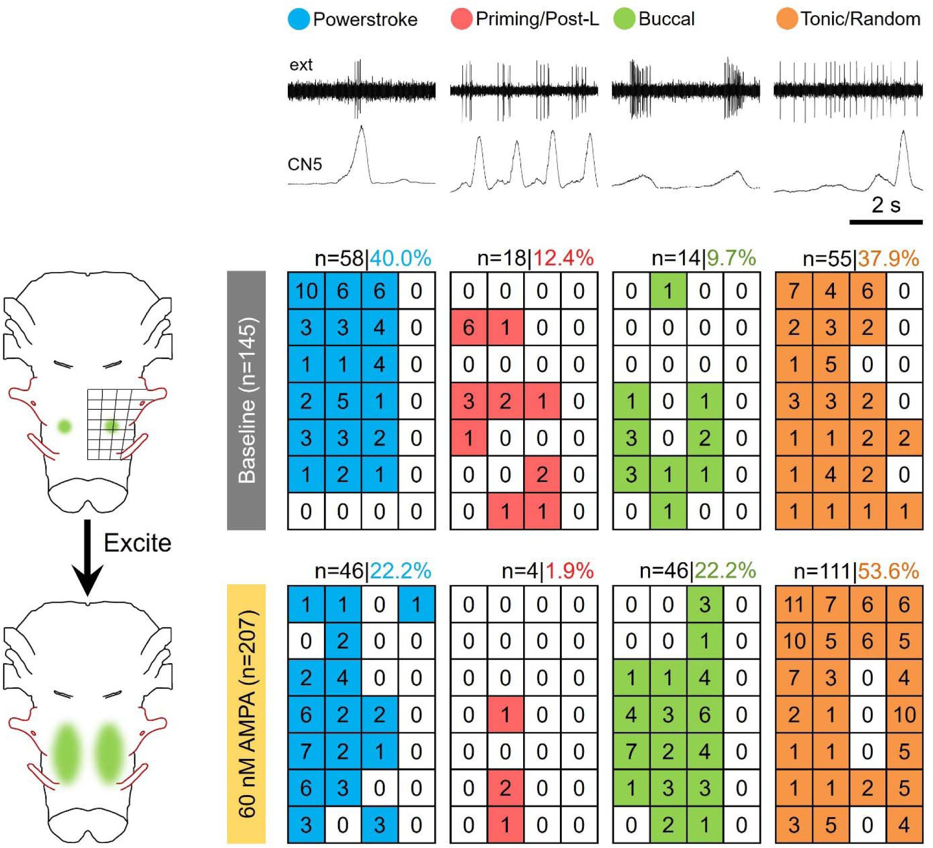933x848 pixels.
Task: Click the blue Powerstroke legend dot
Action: coord(299,20)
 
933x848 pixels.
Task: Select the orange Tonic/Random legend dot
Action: coord(786,20)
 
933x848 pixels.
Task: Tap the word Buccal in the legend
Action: coord(666,20)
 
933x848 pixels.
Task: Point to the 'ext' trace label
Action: coord(301,65)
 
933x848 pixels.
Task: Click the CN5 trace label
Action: coord(304,164)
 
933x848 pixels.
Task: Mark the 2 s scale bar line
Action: coord(885,222)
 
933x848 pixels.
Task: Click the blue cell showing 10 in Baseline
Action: coord(306,291)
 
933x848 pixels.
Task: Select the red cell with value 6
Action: coord(468,327)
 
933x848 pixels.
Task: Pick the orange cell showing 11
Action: coord(794,604)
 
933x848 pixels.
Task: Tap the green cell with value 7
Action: coord(631,751)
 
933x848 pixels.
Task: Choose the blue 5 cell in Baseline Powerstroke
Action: coord(343,401)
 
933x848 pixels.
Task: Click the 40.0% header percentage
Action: coord(400,258)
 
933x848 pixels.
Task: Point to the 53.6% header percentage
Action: coord(888,571)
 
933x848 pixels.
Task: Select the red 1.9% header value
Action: coord(569,571)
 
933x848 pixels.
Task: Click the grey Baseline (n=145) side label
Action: coord(246,400)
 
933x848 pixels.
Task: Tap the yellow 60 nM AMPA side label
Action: coord(246,714)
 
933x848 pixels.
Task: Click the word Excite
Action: coord(137,543)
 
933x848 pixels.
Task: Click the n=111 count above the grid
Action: coord(822,571)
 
